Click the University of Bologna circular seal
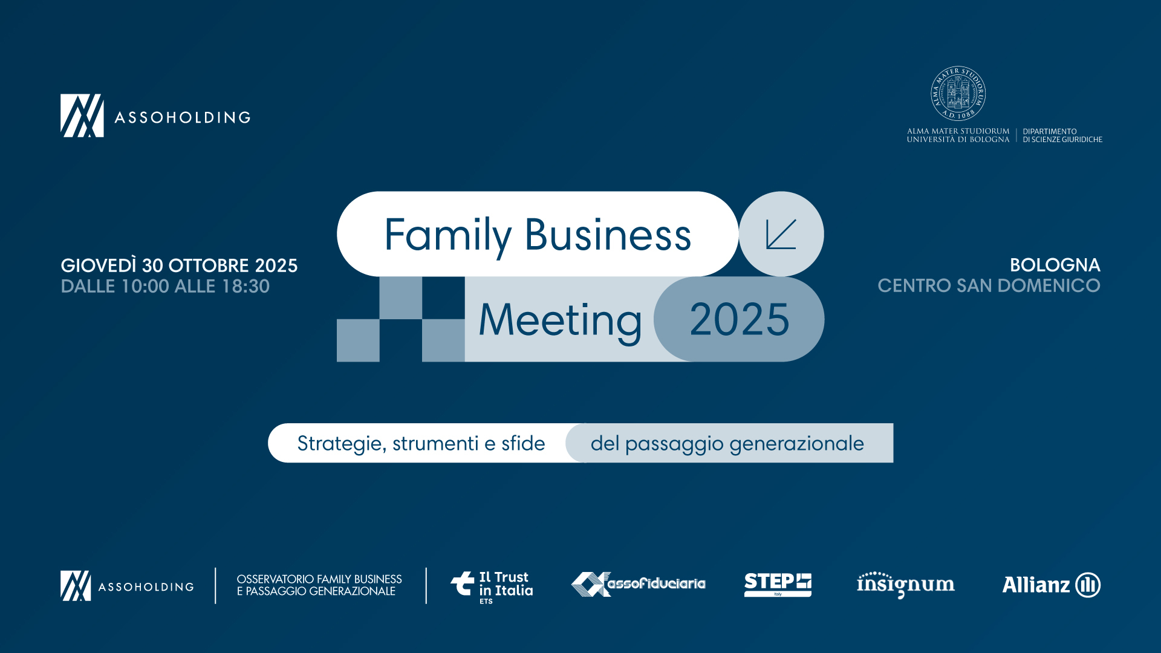tap(958, 94)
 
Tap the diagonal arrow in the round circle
tap(781, 234)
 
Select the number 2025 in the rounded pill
tap(740, 319)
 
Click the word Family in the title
tap(448, 236)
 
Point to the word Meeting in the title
tap(560, 321)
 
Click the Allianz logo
tap(1052, 585)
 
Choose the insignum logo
tap(906, 585)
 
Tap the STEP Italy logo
tap(778, 585)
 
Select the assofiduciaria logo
tap(639, 584)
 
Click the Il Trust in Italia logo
tap(492, 587)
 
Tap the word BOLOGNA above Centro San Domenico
tap(1055, 265)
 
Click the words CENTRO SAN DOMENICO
tap(989, 285)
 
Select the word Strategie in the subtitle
tap(342, 444)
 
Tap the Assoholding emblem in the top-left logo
tap(82, 115)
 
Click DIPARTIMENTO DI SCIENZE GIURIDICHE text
tap(1062, 135)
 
